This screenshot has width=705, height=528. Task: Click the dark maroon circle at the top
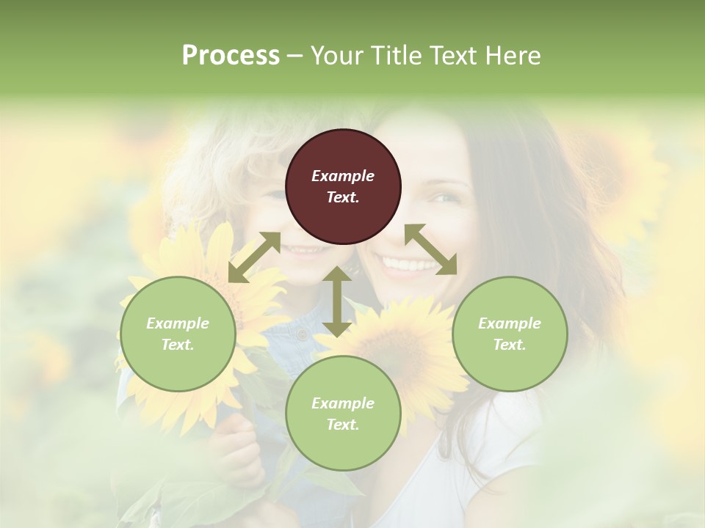pos(343,187)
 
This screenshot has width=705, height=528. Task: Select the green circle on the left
pos(178,334)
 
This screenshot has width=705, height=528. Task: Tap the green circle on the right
pos(510,334)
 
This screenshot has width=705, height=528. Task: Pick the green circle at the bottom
pos(343,414)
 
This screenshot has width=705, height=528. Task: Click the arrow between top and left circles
pos(254,257)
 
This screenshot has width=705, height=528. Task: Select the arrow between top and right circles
pos(430,249)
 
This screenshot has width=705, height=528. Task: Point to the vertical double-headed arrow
pos(336,301)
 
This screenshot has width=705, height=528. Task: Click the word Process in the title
pos(231,55)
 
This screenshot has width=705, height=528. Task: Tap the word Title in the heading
pos(397,55)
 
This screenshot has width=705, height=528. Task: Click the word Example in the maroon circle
pos(343,176)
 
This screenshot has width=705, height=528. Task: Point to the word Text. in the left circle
pos(178,345)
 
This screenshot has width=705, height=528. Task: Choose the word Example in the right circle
pos(510,323)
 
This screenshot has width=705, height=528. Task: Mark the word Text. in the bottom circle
pos(343,425)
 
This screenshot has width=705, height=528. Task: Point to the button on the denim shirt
pos(301,335)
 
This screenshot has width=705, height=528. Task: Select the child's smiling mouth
pos(305,250)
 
